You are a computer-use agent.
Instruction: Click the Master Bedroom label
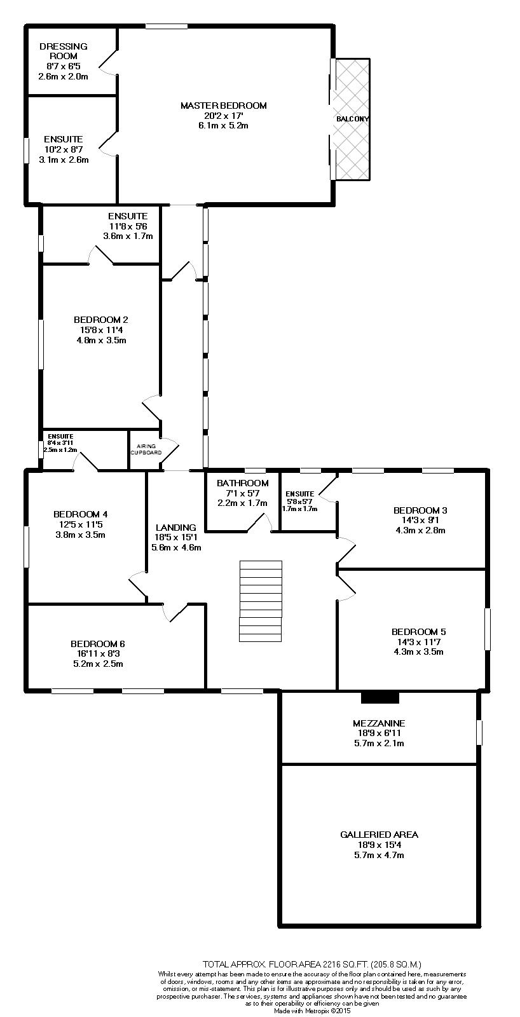pyautogui.click(x=223, y=106)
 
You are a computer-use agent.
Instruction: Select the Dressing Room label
pyautogui.click(x=63, y=51)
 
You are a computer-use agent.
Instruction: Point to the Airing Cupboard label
pyautogui.click(x=146, y=449)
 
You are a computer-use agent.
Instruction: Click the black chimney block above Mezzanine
pyautogui.click(x=380, y=697)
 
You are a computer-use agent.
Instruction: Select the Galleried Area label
pyautogui.click(x=379, y=835)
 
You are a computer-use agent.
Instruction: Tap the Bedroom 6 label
pyautogui.click(x=97, y=643)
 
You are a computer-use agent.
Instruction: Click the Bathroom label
pyautogui.click(x=238, y=482)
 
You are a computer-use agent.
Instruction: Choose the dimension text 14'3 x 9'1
pyautogui.click(x=420, y=520)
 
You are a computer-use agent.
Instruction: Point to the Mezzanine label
pyautogui.click(x=379, y=723)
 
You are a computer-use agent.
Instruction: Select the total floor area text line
pyautogui.click(x=311, y=964)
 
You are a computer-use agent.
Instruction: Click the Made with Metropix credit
pyautogui.click(x=311, y=1010)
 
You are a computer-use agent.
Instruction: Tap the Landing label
pyautogui.click(x=176, y=527)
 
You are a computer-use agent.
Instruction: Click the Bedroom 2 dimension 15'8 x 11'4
pyautogui.click(x=101, y=329)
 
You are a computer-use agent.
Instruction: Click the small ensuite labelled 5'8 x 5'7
pyautogui.click(x=299, y=494)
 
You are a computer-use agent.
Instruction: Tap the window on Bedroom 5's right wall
pyautogui.click(x=488, y=629)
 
